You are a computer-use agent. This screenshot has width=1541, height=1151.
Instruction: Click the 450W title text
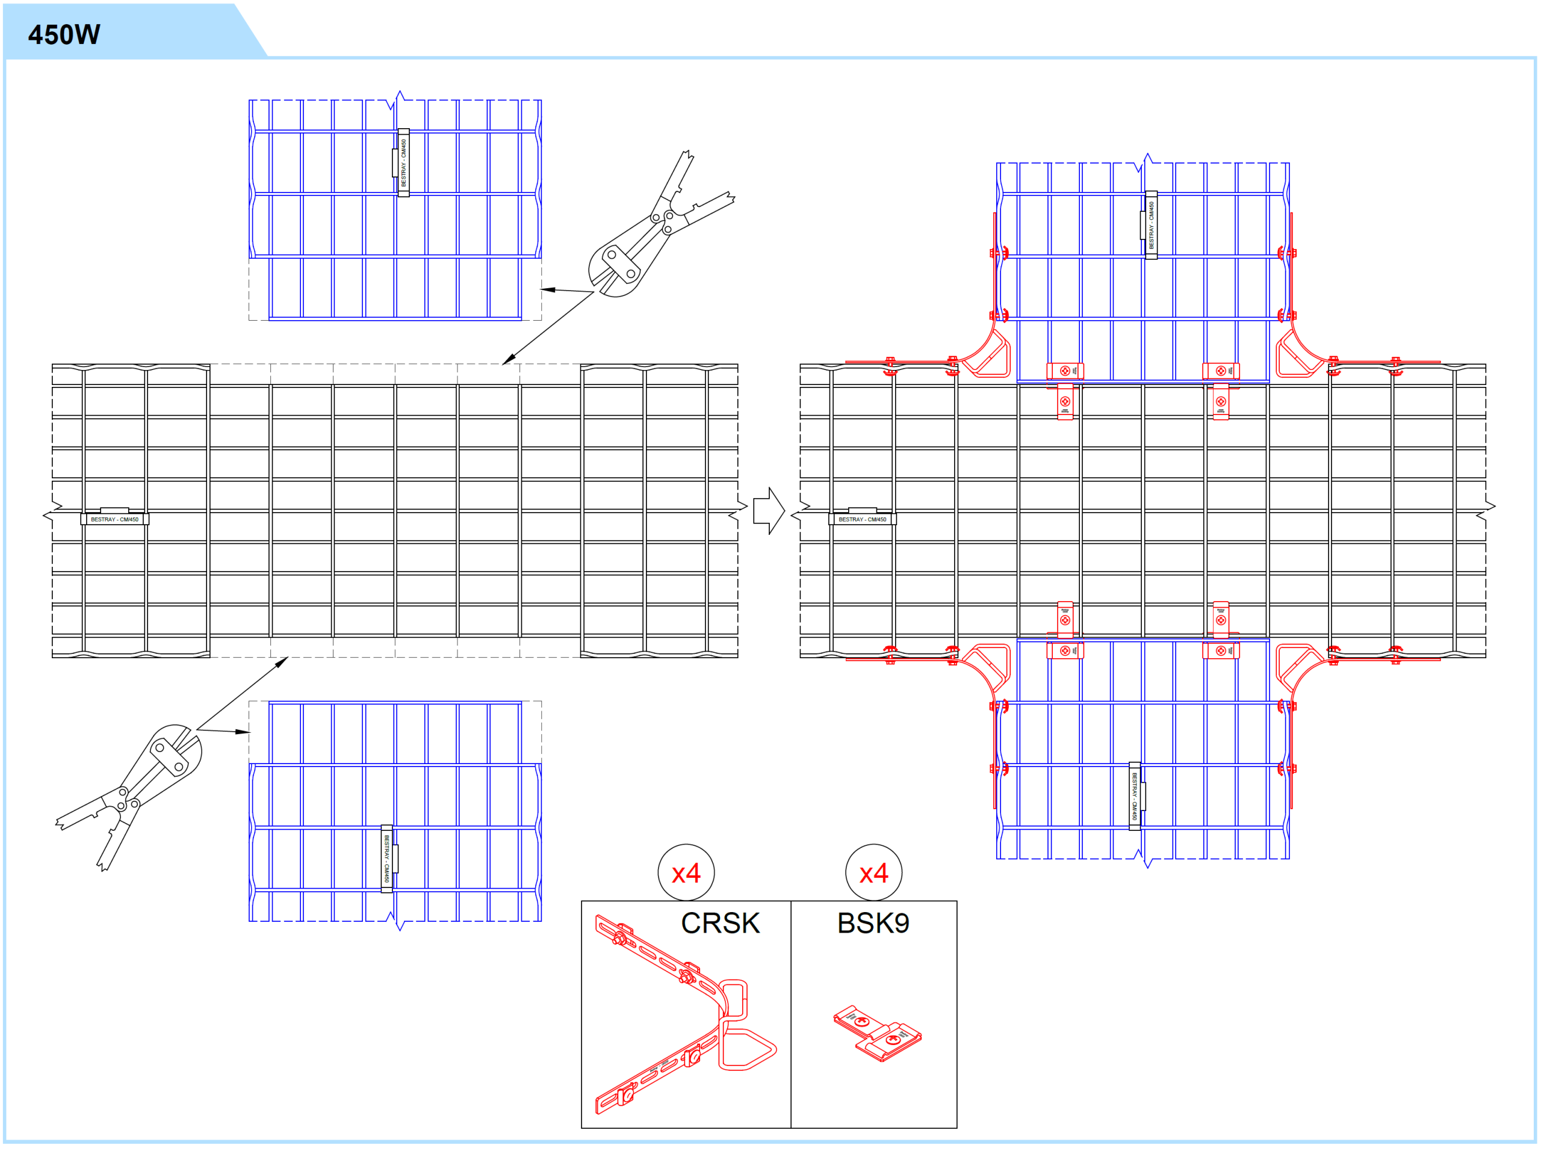click(64, 35)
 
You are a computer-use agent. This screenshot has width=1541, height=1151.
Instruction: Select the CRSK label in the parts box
click(720, 924)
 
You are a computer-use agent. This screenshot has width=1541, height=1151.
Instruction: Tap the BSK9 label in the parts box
click(873, 924)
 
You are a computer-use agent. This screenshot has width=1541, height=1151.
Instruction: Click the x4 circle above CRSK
click(686, 873)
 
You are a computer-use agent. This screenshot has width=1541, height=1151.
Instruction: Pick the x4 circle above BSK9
click(873, 873)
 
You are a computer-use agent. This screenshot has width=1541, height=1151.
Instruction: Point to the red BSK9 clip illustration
click(877, 1033)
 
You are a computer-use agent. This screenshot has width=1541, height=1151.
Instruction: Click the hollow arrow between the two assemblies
click(769, 510)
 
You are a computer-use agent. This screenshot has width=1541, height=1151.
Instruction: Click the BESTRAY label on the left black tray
click(115, 519)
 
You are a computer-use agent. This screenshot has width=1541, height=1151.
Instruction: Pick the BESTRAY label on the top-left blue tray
click(403, 163)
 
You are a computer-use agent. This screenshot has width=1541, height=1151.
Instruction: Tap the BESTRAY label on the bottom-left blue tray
click(386, 859)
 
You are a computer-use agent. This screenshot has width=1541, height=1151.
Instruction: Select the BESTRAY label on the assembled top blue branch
click(1152, 225)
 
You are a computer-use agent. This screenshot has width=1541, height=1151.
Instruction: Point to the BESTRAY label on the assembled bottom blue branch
click(1135, 796)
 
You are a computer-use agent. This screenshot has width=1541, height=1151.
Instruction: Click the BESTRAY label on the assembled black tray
click(863, 519)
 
